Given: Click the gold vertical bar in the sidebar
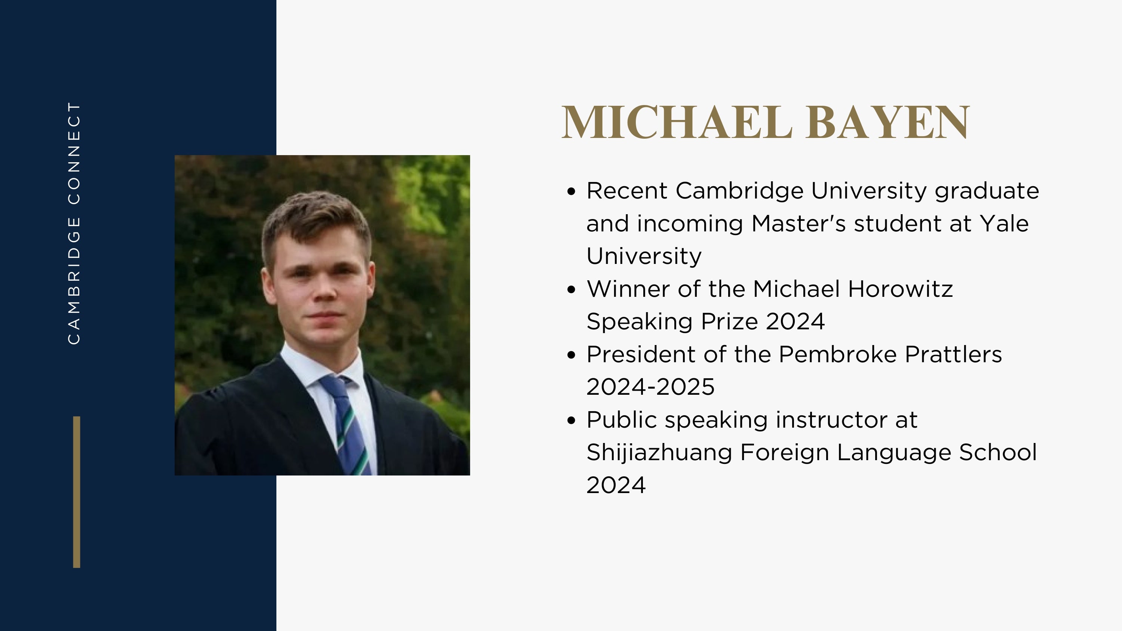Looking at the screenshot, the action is coord(77,492).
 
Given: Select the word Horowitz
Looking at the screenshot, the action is coord(900,289).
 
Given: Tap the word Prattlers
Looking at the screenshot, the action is coord(953,354).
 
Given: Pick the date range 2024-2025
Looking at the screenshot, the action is coord(651,387).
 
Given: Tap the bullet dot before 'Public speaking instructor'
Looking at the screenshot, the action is coord(572,420).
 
